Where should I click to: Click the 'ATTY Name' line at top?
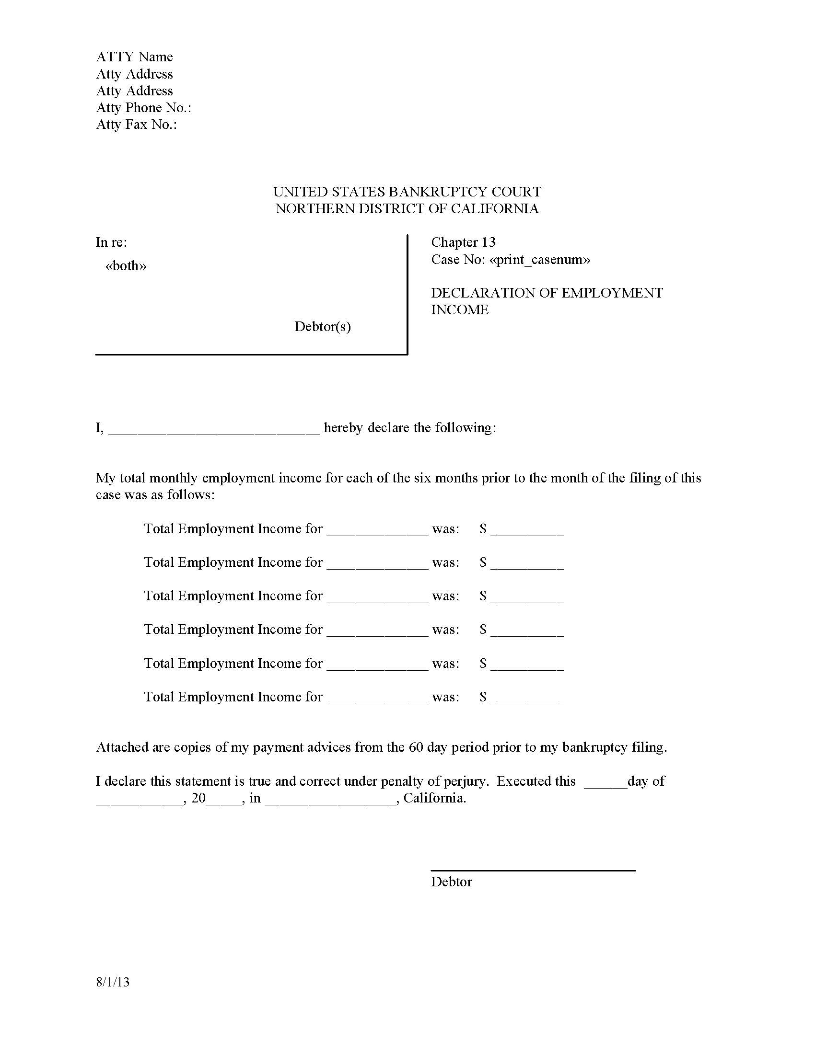(x=134, y=57)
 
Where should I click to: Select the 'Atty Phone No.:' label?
(x=143, y=108)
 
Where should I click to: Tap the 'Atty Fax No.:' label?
(x=136, y=125)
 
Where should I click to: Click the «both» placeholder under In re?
(x=126, y=266)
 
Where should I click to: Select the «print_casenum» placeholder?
(x=539, y=260)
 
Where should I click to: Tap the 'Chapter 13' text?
(x=463, y=242)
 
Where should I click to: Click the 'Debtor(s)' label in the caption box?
(x=322, y=327)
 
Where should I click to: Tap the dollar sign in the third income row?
(x=483, y=596)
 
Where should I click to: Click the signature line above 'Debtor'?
(x=533, y=870)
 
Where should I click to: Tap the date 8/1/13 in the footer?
(x=113, y=982)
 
